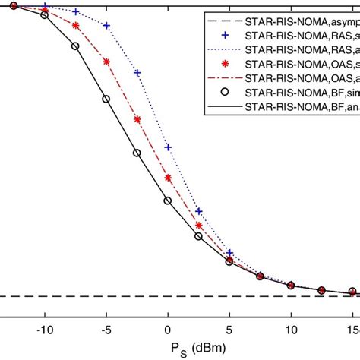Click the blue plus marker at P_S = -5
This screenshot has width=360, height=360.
(106, 26)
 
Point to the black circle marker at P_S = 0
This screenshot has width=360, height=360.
(168, 201)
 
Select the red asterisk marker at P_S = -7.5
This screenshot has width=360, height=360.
(75, 26)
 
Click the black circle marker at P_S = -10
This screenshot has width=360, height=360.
(45, 14)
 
